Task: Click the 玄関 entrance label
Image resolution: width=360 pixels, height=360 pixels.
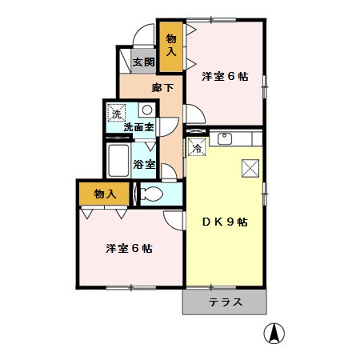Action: pos(143,62)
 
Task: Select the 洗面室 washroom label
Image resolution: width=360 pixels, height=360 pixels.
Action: pos(138,127)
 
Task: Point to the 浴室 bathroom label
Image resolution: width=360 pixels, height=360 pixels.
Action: pos(144,165)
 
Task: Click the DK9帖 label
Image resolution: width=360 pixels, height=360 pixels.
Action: pos(223,222)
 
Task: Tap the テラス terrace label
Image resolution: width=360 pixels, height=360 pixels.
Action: pos(225,302)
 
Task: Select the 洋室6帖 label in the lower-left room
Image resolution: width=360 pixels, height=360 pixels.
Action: pos(128,248)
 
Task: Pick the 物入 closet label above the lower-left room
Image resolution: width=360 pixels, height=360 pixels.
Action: pos(105,194)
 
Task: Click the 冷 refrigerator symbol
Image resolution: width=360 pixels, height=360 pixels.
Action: pos(195,146)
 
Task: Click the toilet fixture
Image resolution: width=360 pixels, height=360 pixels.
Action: pos(151,194)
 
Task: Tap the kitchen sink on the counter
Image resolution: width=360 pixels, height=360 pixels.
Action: pos(224,141)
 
